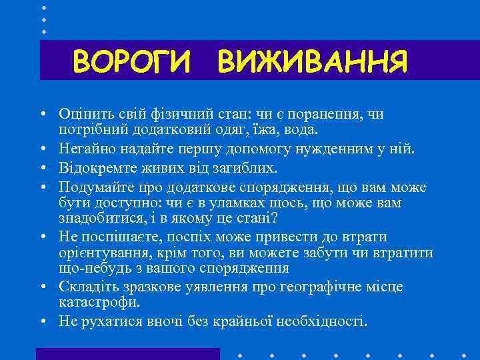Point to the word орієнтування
[x=100, y=253]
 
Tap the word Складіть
[x=87, y=287]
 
